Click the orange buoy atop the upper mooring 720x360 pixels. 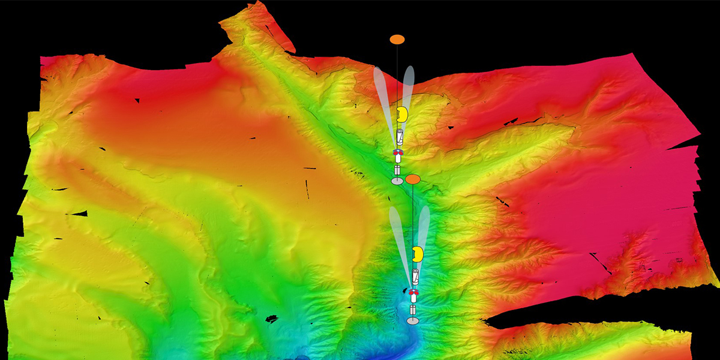tap(397, 40)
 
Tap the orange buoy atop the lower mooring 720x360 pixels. tap(412, 179)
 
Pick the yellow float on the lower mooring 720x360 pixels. tap(418, 254)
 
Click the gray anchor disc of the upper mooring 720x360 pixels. tap(397, 181)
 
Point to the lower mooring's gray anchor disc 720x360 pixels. tap(412, 322)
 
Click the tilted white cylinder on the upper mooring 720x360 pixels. tap(399, 136)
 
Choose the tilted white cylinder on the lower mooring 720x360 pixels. tap(415, 277)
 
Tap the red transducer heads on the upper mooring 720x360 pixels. tap(397, 154)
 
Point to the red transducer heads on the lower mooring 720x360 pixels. tap(413, 293)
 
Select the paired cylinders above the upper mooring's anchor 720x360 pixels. tap(397, 168)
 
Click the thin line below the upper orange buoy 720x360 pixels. tap(397, 66)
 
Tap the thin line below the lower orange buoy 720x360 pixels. tap(413, 210)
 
